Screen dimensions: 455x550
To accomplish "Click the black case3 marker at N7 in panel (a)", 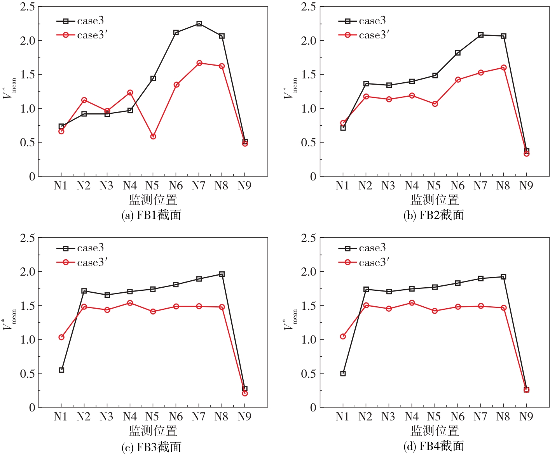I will coord(199,24).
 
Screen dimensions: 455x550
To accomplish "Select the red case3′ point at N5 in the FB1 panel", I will coord(153,136).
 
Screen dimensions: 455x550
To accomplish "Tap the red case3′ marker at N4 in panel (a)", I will coord(130,92).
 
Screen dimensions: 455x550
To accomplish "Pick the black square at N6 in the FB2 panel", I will coord(458,53).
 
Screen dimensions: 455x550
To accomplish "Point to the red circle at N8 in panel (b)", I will coord(504,68).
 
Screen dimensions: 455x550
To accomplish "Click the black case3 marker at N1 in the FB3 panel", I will coord(61,370).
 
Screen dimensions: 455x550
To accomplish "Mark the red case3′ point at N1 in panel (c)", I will coord(61,337).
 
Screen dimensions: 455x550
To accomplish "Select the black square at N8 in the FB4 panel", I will coord(504,277).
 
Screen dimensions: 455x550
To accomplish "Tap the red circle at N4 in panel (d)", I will coord(412,303).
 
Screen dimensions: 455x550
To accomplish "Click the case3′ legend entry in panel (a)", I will coord(91,35).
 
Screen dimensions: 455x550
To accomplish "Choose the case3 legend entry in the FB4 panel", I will coord(372,248).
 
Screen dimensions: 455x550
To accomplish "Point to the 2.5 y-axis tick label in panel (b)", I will coord(309,7).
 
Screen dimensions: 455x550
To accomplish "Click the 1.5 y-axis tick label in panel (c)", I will coord(28,306).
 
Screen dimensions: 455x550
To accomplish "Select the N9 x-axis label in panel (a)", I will coord(244,186).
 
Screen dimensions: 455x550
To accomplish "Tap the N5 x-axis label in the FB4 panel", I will coord(434,417).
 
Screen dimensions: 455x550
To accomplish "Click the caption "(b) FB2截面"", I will coord(433,215).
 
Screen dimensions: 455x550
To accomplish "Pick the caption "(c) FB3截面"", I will coord(152,447).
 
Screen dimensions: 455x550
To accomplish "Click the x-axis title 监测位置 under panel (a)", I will coord(153,200).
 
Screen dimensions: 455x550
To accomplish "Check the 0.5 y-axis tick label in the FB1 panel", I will coord(28,142).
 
